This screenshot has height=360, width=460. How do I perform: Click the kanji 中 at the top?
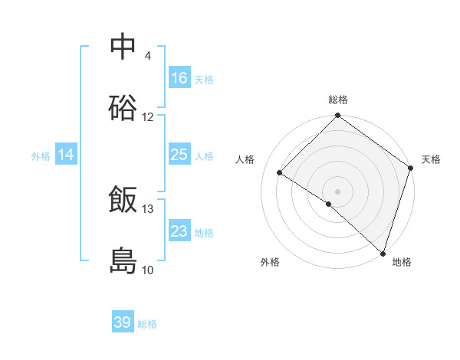tap(123, 47)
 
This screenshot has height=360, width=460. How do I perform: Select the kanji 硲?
tap(123, 108)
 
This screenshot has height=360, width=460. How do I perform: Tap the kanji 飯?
tap(123, 200)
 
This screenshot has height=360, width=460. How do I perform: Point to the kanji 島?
tap(123, 261)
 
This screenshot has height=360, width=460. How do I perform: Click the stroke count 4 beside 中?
tap(147, 56)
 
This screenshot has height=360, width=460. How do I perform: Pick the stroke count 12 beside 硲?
tap(148, 117)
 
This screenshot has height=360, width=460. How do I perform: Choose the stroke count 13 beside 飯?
tap(148, 209)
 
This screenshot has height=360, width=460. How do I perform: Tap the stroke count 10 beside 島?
tap(148, 270)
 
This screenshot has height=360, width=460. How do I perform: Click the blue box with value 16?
tap(179, 78)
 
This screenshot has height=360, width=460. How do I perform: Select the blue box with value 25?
tap(179, 155)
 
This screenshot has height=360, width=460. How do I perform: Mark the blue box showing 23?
tap(179, 231)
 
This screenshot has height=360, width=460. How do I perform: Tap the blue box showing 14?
tap(66, 155)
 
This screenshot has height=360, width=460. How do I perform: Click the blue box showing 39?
tap(123, 322)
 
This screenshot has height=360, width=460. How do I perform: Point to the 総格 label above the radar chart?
tap(338, 100)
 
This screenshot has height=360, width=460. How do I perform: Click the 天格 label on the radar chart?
tap(431, 159)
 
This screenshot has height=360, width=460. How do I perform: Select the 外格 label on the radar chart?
tap(270, 263)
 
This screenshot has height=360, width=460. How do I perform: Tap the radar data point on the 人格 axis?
tap(280, 173)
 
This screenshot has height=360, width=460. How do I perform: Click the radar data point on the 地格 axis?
tap(383, 253)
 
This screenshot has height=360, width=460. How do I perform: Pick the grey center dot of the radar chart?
tap(338, 191)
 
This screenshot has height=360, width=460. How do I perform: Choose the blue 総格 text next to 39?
tap(147, 324)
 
